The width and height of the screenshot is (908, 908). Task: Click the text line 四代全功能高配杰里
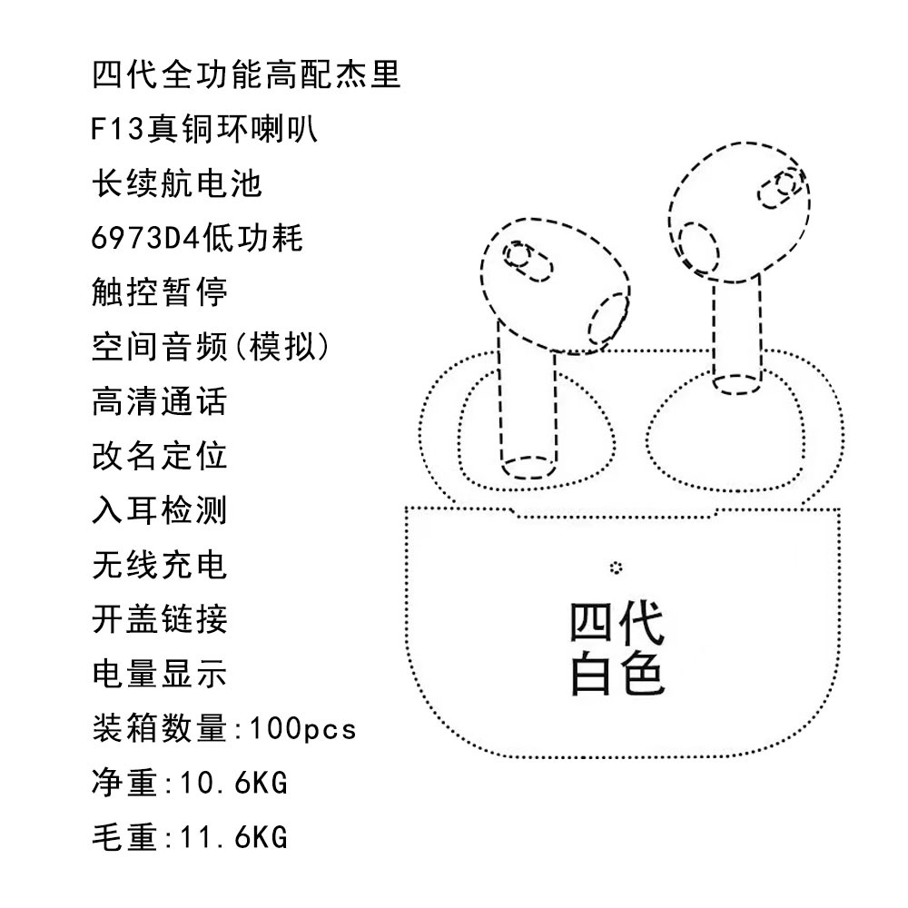(x=246, y=74)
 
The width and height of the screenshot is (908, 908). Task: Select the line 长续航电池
(x=177, y=184)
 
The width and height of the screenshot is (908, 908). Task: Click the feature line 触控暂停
(x=159, y=292)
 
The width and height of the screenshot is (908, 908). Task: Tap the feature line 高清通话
(x=159, y=401)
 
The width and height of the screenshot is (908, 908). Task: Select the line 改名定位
(x=159, y=456)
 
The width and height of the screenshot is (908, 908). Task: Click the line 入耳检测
(x=159, y=510)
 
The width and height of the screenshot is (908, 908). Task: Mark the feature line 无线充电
(x=159, y=565)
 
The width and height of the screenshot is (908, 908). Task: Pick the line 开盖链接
(x=159, y=619)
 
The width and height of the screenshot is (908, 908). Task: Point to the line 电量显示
(x=159, y=674)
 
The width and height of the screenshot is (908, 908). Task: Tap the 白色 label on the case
(x=617, y=674)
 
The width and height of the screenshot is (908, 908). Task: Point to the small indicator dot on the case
(x=617, y=567)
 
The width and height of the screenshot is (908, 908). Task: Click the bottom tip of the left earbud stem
(x=528, y=468)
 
